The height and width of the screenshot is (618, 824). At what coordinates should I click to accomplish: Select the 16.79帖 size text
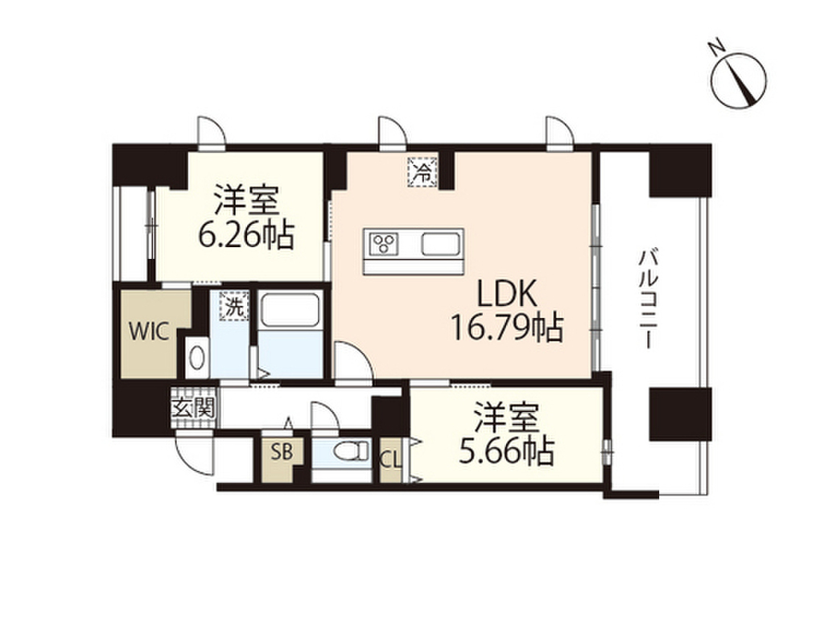(505, 326)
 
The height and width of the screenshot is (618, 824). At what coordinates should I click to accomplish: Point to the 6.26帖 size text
(245, 234)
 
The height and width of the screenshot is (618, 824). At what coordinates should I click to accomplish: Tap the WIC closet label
(150, 332)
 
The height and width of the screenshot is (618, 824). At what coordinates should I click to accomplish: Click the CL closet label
(390, 461)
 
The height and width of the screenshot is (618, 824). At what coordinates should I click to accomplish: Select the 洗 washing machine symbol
(233, 306)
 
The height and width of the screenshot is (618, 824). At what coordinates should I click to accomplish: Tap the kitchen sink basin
(440, 242)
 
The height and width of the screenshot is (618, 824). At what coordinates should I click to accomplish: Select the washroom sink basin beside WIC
(196, 357)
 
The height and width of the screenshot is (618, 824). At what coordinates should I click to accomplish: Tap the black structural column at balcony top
(680, 170)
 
